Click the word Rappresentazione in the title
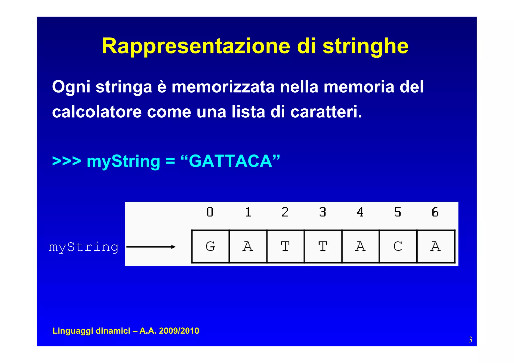[196, 46]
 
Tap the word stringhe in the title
[365, 46]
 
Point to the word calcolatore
[97, 112]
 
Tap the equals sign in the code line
[170, 161]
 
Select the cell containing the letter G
[210, 246]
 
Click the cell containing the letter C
[398, 246]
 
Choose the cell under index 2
[285, 246]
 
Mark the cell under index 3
[323, 246]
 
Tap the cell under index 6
[436, 246]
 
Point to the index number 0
[210, 212]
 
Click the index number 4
[360, 212]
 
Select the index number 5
[398, 212]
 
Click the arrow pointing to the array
[151, 247]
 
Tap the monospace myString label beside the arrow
[84, 247]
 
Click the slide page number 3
[470, 340]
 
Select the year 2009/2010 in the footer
[179, 331]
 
